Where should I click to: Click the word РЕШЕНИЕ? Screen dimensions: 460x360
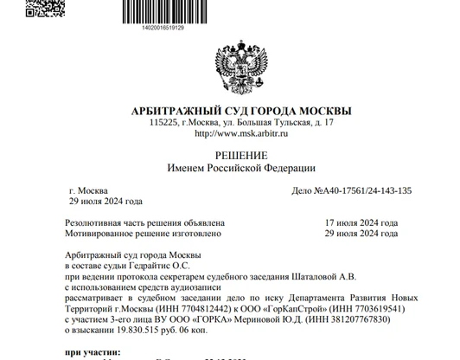pyautogui.click(x=229, y=153)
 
